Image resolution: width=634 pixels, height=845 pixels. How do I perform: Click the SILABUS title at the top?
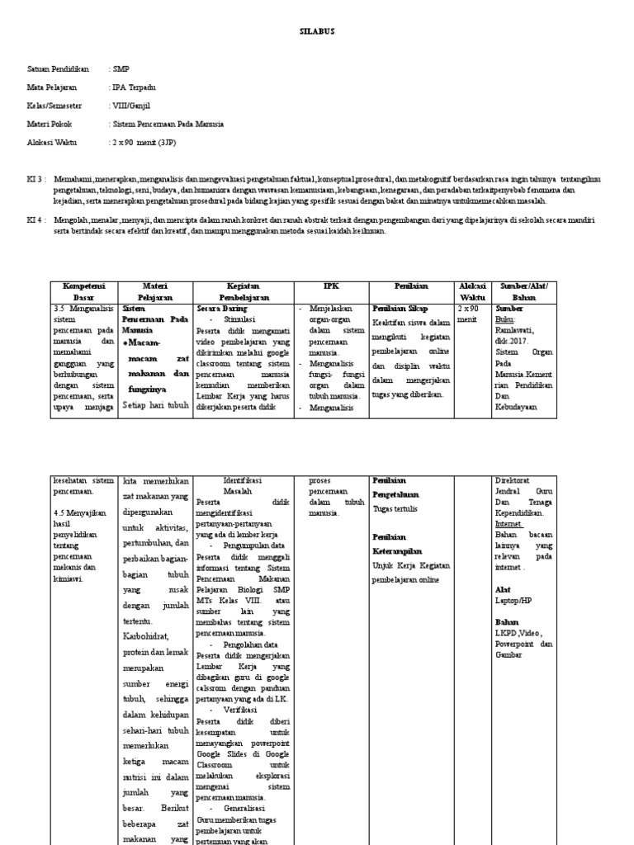pos(316,31)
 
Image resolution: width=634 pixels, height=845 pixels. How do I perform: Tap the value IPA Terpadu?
pos(133,87)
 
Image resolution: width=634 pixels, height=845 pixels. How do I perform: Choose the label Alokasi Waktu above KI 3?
pos(54,143)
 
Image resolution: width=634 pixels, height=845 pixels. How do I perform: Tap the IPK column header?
pos(331,286)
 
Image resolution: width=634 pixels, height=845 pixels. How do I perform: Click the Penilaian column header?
pos(411,286)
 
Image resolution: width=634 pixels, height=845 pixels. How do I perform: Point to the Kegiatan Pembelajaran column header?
pos(244,290)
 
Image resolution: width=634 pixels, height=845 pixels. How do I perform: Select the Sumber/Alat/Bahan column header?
pos(523,290)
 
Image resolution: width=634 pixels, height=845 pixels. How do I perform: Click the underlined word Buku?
pos(504,318)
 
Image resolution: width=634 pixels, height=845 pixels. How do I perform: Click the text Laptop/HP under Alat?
pos(513,602)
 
